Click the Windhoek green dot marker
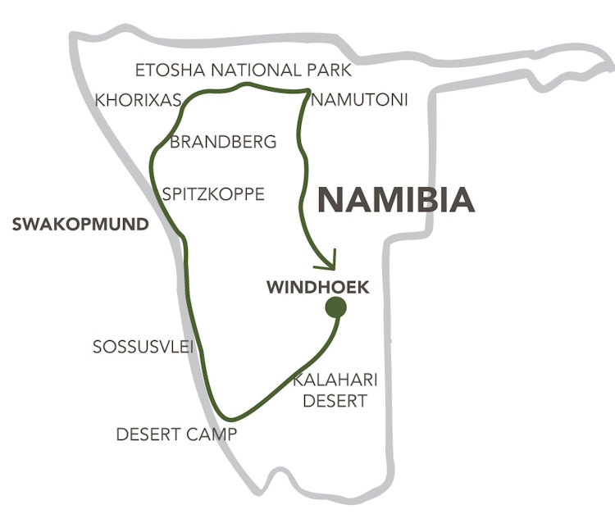click(x=335, y=307)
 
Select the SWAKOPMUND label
click(x=80, y=225)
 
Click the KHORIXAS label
click(x=138, y=100)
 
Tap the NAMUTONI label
click(x=358, y=100)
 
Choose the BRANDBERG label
click(x=223, y=141)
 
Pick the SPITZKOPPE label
click(x=213, y=194)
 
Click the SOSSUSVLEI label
click(x=143, y=348)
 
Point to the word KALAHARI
click(x=335, y=380)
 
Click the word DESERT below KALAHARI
click(x=335, y=401)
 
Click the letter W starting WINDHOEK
click(x=274, y=288)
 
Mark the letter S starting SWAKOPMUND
click(x=16, y=225)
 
